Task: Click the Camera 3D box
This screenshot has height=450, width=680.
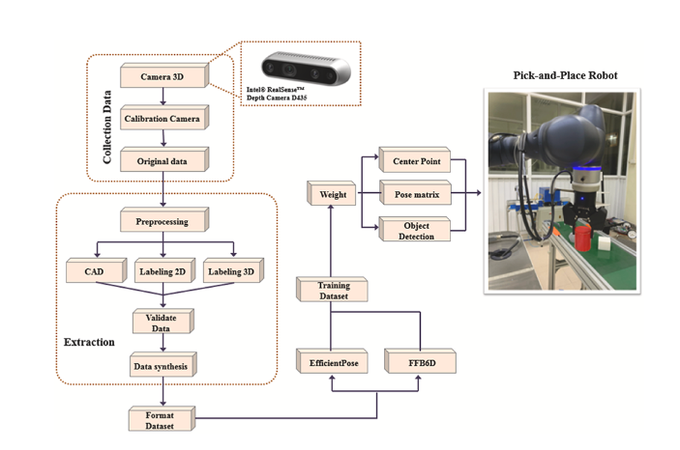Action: point(163,74)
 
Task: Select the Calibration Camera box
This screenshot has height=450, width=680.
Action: point(163,118)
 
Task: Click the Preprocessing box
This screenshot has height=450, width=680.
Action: point(162,220)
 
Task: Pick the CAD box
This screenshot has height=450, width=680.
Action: point(92,270)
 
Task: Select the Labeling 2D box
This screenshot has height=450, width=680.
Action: point(163,270)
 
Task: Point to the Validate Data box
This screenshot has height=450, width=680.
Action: point(163,321)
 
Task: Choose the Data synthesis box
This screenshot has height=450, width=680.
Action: point(163,365)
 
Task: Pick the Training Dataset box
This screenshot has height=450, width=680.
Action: point(333,290)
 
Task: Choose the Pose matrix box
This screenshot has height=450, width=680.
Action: point(416,194)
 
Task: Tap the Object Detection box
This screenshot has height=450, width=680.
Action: point(416,230)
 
